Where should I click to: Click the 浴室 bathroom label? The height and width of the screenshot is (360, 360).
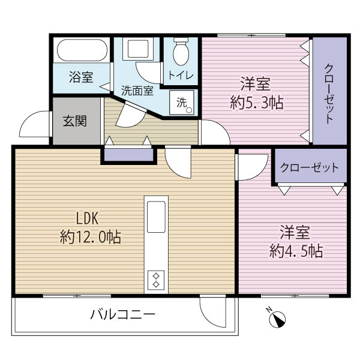[81, 77]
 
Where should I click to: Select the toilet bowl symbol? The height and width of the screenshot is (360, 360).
[181, 53]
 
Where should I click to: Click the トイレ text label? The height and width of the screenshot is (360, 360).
[180, 76]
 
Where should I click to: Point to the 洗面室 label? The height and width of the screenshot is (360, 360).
[137, 92]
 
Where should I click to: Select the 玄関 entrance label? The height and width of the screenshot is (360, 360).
[75, 121]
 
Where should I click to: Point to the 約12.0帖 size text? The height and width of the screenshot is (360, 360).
[90, 237]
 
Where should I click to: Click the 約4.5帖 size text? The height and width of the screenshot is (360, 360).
[296, 250]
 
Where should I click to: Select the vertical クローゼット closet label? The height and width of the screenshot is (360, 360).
[329, 91]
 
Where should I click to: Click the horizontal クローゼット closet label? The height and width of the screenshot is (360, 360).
[310, 169]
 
